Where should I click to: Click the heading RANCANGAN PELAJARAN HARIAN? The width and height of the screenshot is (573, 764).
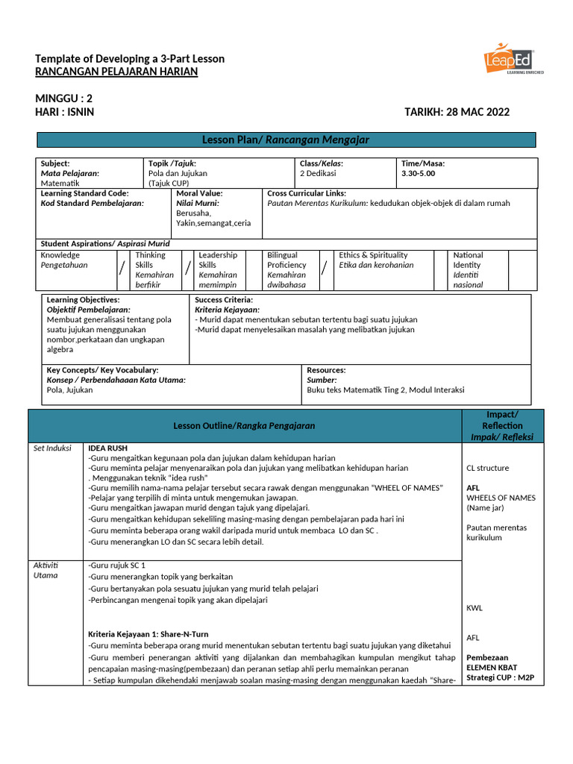[116, 72]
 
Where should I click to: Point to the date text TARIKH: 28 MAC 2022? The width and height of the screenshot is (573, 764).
[457, 112]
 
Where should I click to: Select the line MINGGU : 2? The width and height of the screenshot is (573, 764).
[64, 98]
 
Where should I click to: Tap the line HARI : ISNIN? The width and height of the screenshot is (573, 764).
[65, 112]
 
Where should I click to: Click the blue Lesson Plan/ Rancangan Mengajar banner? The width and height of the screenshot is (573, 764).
[286, 140]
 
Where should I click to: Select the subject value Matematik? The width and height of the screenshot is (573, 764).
[60, 183]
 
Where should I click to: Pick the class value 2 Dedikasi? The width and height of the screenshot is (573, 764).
[318, 173]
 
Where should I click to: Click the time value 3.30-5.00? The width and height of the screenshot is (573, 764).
[418, 173]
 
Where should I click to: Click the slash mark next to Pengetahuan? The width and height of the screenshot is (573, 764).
[122, 269]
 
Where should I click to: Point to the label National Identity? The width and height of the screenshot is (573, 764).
[468, 260]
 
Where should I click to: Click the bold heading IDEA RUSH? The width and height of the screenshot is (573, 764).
[108, 448]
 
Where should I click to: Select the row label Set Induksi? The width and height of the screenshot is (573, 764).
[52, 448]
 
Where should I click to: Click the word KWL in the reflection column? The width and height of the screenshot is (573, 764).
[475, 608]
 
